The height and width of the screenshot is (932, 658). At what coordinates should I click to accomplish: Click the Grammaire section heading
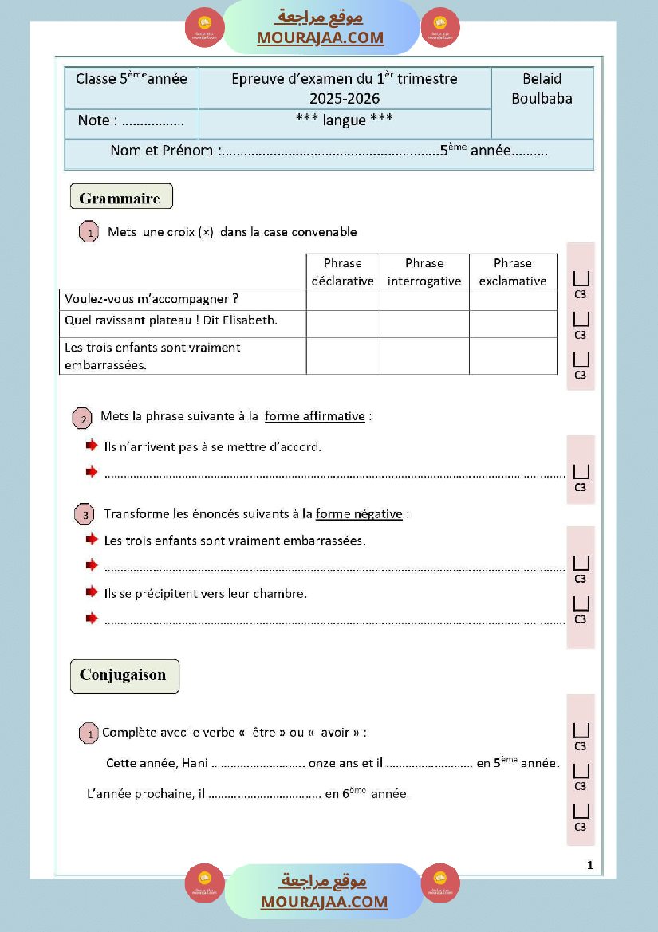[x=120, y=198]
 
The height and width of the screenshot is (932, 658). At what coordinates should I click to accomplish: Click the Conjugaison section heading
[x=124, y=675]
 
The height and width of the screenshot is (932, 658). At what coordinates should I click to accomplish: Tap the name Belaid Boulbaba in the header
[x=542, y=88]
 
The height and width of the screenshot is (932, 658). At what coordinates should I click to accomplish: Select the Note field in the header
[x=131, y=121]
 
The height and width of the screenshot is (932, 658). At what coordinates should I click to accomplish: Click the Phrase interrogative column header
[x=424, y=272]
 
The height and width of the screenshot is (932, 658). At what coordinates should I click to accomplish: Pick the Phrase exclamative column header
[x=513, y=272]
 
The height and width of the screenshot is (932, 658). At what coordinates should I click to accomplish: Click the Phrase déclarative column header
[x=343, y=272]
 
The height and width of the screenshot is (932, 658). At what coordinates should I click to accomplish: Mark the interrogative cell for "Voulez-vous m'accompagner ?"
[x=424, y=300]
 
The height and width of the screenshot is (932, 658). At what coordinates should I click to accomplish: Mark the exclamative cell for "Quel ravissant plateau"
[x=513, y=324]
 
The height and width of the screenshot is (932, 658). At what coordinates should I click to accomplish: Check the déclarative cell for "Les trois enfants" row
[x=343, y=356]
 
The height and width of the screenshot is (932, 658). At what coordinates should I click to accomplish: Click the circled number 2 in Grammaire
[x=82, y=419]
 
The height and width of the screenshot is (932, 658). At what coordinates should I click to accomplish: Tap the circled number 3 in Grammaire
[x=85, y=515]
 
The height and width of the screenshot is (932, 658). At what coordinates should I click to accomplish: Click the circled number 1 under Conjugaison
[x=89, y=733]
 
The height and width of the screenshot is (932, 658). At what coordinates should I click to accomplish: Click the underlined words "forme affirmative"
[x=315, y=416]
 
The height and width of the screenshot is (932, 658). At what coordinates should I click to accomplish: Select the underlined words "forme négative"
[x=359, y=514]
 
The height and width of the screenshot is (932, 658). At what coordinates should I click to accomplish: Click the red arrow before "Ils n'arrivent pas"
[x=92, y=446]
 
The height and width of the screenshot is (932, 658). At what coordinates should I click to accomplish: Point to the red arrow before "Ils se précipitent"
[x=92, y=593]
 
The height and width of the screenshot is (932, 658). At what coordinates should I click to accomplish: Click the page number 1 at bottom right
[x=589, y=865]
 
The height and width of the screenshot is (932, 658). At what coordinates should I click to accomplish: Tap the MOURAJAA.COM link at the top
[x=320, y=37]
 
